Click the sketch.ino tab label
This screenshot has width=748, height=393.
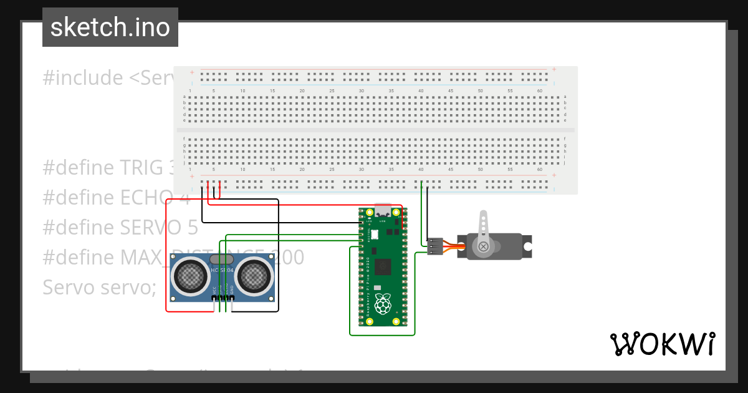click(x=110, y=28)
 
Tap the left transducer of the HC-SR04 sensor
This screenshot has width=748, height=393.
click(x=189, y=275)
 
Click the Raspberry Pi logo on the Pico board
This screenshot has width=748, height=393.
click(x=382, y=304)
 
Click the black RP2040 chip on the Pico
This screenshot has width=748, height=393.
click(x=382, y=266)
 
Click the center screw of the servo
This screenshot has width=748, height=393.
click(x=483, y=246)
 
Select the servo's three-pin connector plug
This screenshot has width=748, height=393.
click(x=435, y=246)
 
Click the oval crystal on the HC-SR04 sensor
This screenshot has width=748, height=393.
click(x=222, y=259)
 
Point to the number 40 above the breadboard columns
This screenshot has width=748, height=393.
click(x=421, y=91)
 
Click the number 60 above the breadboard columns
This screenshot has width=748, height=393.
click(x=539, y=91)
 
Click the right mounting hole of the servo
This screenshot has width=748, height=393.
click(x=527, y=246)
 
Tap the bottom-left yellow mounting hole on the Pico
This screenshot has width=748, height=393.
click(x=369, y=321)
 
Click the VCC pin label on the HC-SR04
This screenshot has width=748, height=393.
click(x=214, y=291)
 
